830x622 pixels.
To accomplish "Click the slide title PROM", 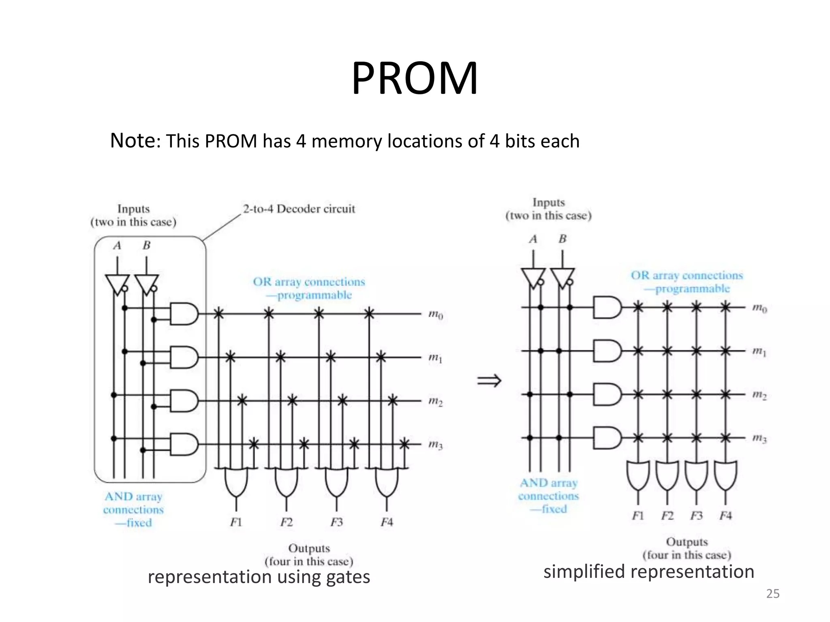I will tap(414, 79).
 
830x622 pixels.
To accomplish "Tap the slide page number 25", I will tap(772, 594).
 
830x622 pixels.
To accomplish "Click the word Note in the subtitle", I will tap(133, 141).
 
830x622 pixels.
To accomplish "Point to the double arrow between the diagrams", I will tap(489, 381).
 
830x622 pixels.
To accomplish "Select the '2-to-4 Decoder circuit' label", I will tap(299, 209).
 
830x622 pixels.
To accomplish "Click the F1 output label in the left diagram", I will tap(236, 522).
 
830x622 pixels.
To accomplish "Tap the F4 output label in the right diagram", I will tap(725, 516).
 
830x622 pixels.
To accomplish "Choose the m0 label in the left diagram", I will tap(436, 314).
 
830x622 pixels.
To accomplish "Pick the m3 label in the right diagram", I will tap(759, 438).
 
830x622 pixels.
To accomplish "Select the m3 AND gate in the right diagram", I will tap(607, 438).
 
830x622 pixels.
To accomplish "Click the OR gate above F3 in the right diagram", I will tap(696, 475).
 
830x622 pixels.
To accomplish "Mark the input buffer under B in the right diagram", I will tap(562, 278).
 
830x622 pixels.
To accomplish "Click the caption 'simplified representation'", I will tap(648, 572).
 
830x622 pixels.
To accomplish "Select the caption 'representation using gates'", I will tap(259, 577).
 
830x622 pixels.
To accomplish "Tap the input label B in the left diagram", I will tap(147, 245).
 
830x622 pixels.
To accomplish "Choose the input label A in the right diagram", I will tap(533, 239).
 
